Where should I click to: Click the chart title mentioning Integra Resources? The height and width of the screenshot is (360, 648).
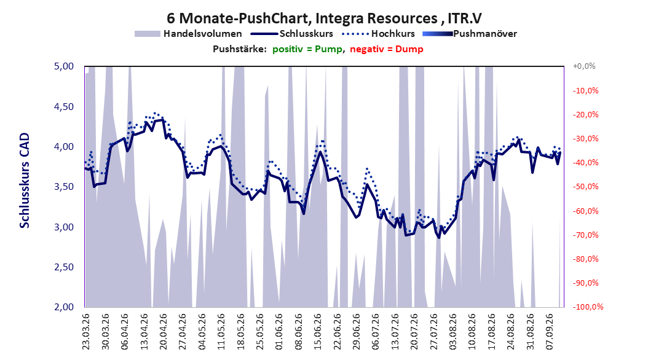[324, 18]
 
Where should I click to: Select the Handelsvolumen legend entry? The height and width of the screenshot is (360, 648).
[189, 34]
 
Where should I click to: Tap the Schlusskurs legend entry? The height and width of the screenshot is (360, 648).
[292, 34]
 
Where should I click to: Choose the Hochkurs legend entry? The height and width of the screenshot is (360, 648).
[378, 34]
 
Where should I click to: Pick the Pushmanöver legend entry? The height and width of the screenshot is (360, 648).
[470, 34]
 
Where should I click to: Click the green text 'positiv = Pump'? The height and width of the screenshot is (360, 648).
[307, 49]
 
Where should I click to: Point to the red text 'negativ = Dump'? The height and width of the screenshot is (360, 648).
[387, 49]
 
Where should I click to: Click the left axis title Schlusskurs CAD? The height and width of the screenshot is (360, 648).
[25, 181]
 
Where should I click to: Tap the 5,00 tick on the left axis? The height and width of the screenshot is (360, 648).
[64, 66]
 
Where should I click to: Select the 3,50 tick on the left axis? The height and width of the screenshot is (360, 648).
[64, 187]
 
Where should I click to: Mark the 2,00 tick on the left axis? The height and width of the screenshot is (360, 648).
[64, 307]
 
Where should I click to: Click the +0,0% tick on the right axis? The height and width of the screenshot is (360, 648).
[584, 66]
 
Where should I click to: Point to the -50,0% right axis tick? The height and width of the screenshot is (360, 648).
[585, 187]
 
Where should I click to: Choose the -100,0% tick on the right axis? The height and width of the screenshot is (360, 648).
[588, 307]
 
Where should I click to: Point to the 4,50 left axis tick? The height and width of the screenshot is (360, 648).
[64, 106]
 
